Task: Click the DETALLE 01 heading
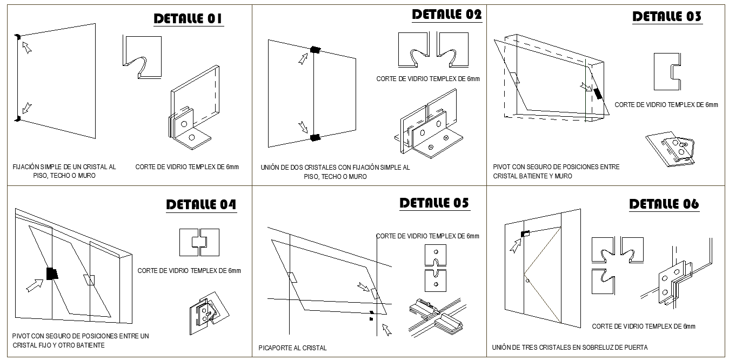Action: pyautogui.click(x=189, y=19)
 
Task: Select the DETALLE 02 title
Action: pyautogui.click(x=447, y=15)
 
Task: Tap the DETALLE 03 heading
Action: pyautogui.click(x=667, y=17)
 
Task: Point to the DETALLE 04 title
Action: pyautogui.click(x=201, y=205)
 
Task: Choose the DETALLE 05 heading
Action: pyautogui.click(x=434, y=203)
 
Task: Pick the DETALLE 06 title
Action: pyautogui.click(x=664, y=204)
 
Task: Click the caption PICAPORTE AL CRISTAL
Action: pyautogui.click(x=292, y=348)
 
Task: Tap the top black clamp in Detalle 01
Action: pyautogui.click(x=18, y=37)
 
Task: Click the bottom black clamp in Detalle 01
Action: pyautogui.click(x=18, y=118)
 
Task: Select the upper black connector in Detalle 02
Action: pyautogui.click(x=315, y=50)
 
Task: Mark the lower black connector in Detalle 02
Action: pyautogui.click(x=315, y=137)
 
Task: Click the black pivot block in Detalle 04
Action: pyautogui.click(x=52, y=274)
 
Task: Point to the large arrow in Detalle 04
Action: pyautogui.click(x=35, y=285)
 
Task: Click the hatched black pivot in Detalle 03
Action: pyautogui.click(x=598, y=94)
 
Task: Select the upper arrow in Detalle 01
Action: pyautogui.click(x=27, y=48)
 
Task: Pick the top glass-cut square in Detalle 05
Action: pyautogui.click(x=436, y=256)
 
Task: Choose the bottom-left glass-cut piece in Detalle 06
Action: pyautogui.click(x=603, y=282)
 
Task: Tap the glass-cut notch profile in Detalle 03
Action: pyautogui.click(x=667, y=72)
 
